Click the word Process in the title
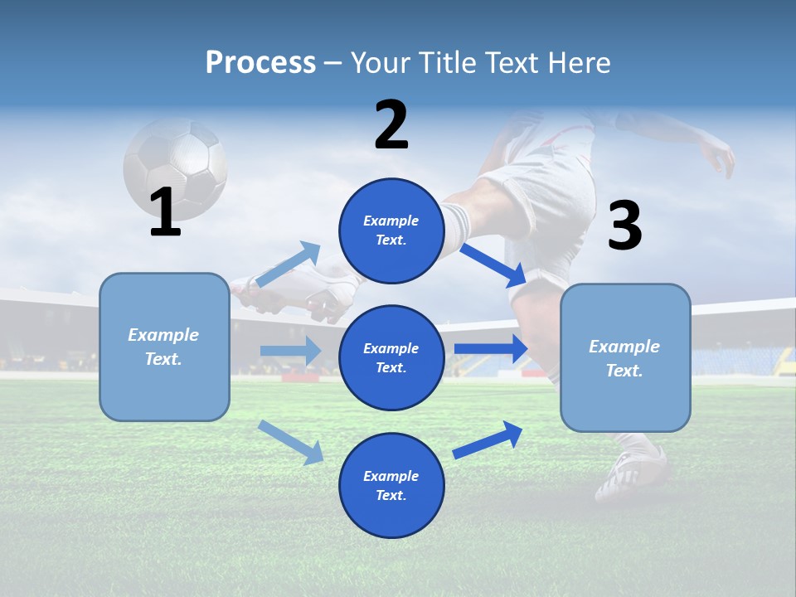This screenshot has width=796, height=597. [260, 63]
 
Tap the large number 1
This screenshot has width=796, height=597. [165, 213]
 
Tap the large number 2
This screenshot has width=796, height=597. [391, 125]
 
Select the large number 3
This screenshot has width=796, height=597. [624, 226]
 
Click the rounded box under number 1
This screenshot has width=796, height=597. [164, 347]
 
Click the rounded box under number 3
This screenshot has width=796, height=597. [625, 358]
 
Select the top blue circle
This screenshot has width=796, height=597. [391, 231]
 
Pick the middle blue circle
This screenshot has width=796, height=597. [391, 357]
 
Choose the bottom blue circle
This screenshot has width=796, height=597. [391, 485]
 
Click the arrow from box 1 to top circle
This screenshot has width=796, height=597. [289, 265]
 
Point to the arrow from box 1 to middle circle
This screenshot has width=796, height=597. [290, 351]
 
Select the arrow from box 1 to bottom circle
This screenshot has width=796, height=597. [291, 442]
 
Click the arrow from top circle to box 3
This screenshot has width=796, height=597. [493, 264]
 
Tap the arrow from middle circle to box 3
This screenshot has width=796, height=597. [491, 349]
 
